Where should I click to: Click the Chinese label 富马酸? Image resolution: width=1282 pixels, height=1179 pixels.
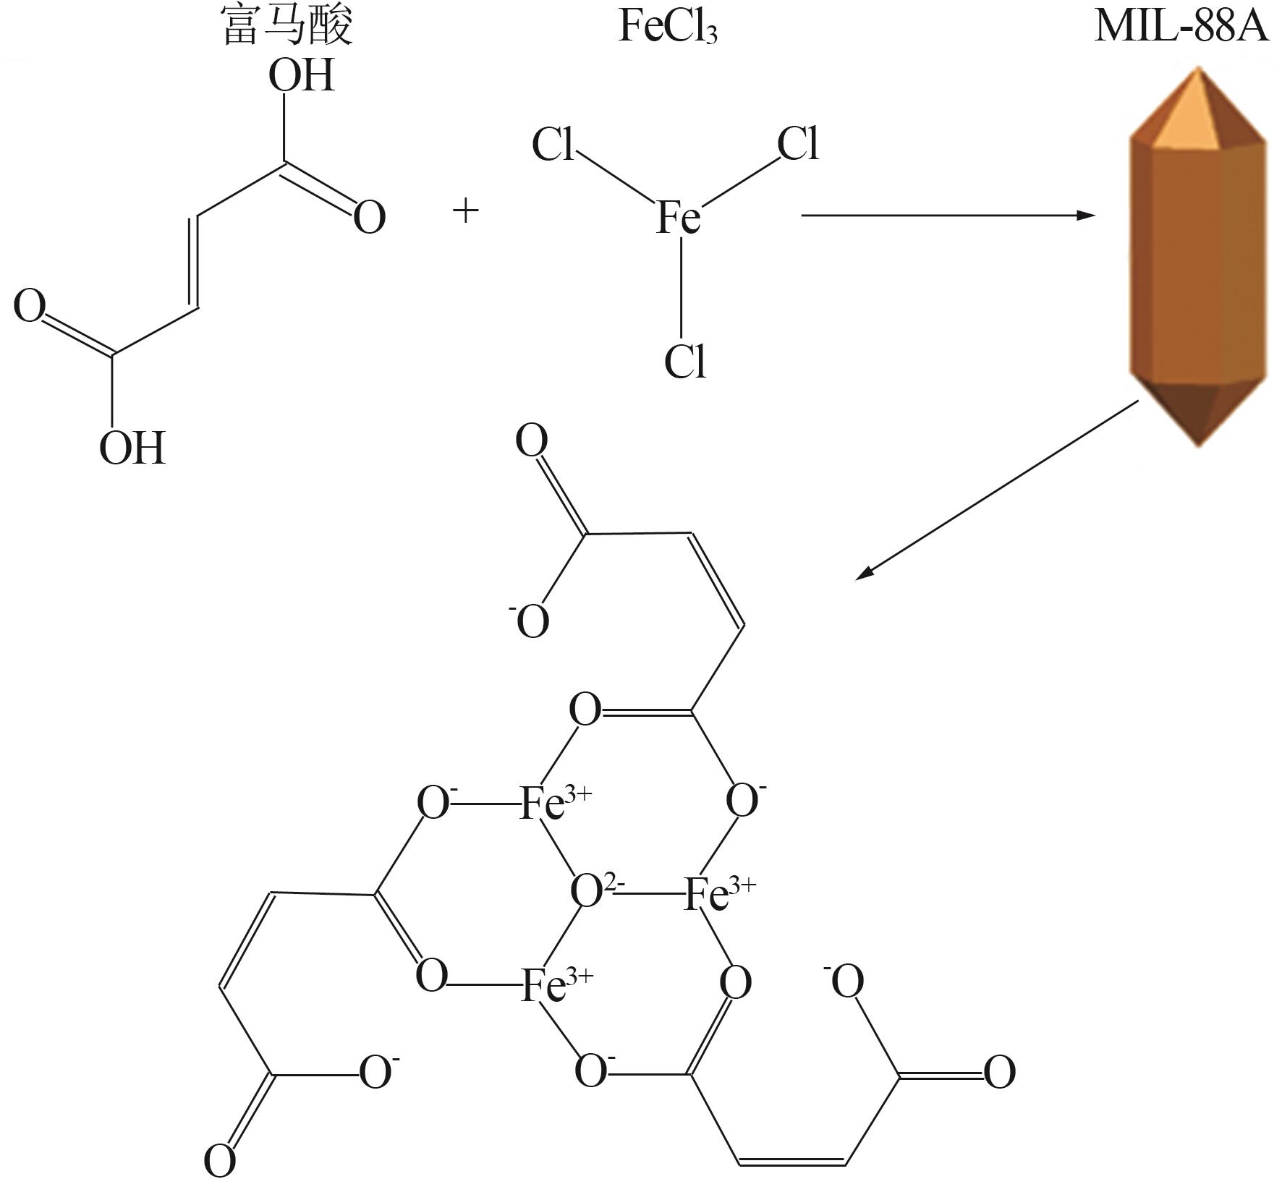pos(287,26)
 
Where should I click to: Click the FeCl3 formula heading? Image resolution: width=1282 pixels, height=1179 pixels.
pos(668,27)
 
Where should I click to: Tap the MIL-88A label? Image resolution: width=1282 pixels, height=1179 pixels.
pos(1181,26)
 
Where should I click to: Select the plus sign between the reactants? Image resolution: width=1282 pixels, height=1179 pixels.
pos(466,211)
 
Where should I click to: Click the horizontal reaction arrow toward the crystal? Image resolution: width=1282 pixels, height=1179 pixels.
pos(948,215)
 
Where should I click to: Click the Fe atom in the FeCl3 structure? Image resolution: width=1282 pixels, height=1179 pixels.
pos(679,216)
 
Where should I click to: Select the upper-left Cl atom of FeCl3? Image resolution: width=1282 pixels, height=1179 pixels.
pos(553,144)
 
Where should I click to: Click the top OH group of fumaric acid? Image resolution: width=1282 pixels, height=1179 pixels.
pos(302,75)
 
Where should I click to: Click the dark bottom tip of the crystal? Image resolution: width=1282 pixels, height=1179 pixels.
pos(1200,443)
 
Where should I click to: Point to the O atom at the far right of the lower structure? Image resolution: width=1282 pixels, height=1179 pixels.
pos(999,1072)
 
